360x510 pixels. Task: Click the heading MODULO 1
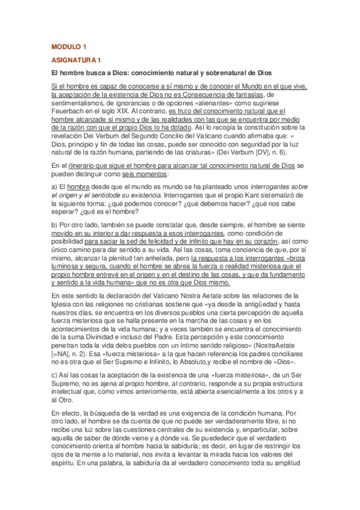(x=69, y=46)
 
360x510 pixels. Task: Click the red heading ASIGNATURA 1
(x=76, y=60)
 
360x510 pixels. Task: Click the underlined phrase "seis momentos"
(x=138, y=174)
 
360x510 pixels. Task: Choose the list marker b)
(x=55, y=225)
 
